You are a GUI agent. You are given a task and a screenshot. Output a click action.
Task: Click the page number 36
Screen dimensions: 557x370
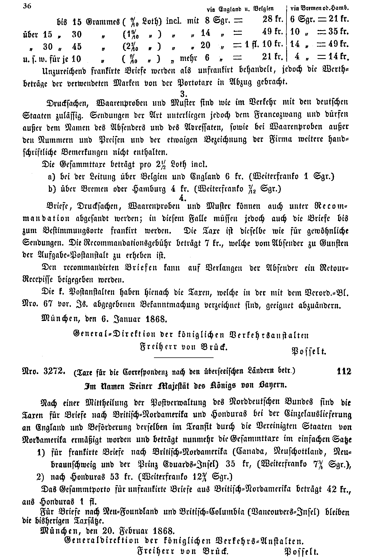coord(27,6)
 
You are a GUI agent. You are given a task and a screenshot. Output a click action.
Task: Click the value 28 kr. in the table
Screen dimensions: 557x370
coord(273,20)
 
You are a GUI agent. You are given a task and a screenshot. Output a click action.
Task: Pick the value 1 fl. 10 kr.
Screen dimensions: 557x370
coord(264,44)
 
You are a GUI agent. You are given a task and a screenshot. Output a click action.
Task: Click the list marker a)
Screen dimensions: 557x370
coord(52,177)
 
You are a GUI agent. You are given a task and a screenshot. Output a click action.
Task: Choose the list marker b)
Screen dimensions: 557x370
coord(52,189)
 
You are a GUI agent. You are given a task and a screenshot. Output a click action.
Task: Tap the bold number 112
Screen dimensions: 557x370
coord(344,372)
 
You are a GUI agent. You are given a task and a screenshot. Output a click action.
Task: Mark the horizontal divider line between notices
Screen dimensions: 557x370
coord(184,357)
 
